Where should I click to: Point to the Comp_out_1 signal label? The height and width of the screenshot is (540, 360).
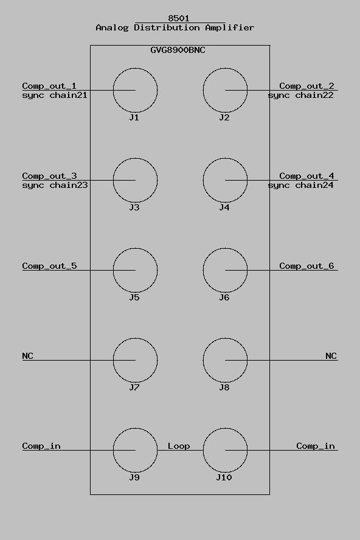49,86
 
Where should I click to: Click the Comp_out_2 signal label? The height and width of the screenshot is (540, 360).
306,86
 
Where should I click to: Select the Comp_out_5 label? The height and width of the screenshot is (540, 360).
49,266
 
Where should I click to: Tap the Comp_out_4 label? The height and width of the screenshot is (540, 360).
306,176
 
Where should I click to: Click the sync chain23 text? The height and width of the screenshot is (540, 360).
55,185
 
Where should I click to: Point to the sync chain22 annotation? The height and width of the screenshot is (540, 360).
301,95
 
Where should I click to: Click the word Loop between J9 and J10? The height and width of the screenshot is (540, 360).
179,446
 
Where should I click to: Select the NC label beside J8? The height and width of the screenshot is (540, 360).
331,356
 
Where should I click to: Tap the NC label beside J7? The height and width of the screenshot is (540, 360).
27,356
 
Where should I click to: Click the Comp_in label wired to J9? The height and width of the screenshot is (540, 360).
41,446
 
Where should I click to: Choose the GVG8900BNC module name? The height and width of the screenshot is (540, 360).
178,50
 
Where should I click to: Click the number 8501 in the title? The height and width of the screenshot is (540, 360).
179,18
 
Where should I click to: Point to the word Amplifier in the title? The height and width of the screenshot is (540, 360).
230,27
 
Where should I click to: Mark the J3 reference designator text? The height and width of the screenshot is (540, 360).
134,207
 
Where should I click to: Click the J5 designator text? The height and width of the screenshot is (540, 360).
134,297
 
